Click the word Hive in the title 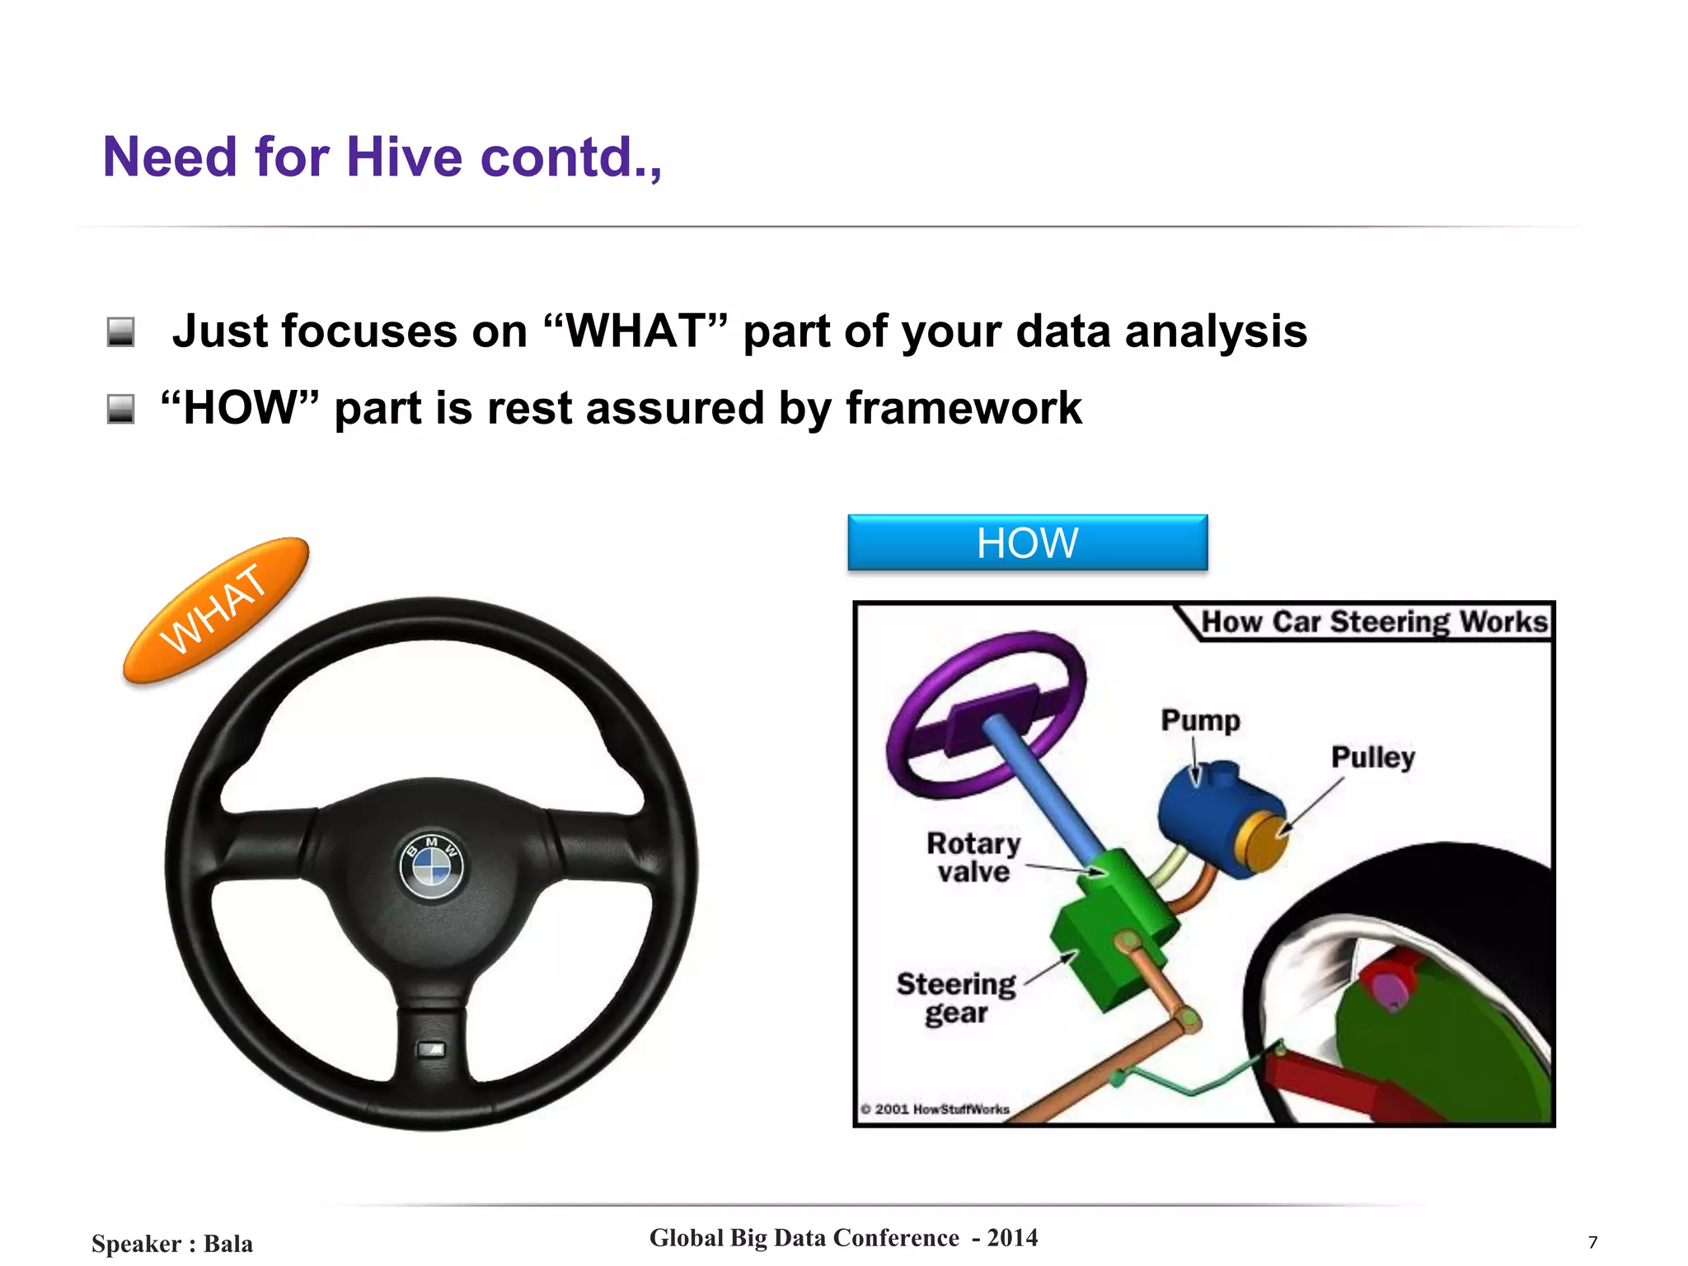point(404,157)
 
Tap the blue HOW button point(1027,542)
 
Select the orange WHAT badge point(215,610)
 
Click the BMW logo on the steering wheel point(431,866)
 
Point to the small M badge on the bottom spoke point(432,1049)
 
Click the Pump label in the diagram point(1200,720)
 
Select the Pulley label point(1372,757)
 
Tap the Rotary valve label point(973,857)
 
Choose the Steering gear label point(956,997)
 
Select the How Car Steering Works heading point(1374,621)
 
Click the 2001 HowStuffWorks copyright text point(935,1109)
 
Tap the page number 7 point(1592,1242)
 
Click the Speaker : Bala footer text point(171,1243)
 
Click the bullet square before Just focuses point(121,332)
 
